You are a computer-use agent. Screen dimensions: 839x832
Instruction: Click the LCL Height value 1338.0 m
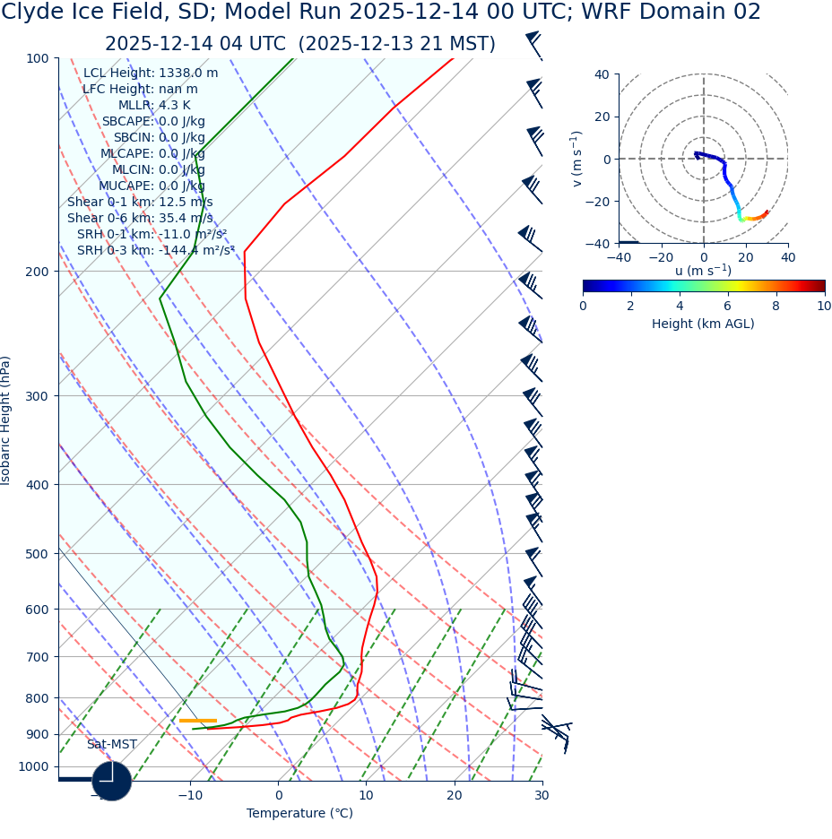click(188, 74)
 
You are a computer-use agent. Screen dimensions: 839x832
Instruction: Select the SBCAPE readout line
click(153, 122)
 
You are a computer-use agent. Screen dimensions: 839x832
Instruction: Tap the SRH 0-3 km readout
click(155, 251)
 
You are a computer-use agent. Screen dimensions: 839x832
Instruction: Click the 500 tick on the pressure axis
click(38, 554)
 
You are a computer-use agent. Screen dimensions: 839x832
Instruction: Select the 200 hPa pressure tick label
click(38, 272)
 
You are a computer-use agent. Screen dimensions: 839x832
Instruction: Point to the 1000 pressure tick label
click(34, 766)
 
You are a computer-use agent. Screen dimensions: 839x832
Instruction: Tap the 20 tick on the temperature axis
click(455, 795)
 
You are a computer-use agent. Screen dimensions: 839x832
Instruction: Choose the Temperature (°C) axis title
click(299, 813)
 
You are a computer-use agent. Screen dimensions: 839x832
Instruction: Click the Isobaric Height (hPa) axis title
click(6, 420)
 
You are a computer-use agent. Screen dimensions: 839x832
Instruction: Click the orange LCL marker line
click(197, 721)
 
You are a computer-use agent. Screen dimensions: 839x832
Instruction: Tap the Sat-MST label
click(112, 745)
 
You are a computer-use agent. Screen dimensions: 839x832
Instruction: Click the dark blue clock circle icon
click(112, 781)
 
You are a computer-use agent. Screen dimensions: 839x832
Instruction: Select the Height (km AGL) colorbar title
click(703, 324)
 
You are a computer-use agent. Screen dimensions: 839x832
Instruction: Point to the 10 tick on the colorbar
click(824, 306)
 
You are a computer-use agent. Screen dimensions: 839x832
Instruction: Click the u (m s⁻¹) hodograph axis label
click(703, 271)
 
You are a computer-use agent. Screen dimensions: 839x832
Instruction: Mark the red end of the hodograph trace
click(767, 212)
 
